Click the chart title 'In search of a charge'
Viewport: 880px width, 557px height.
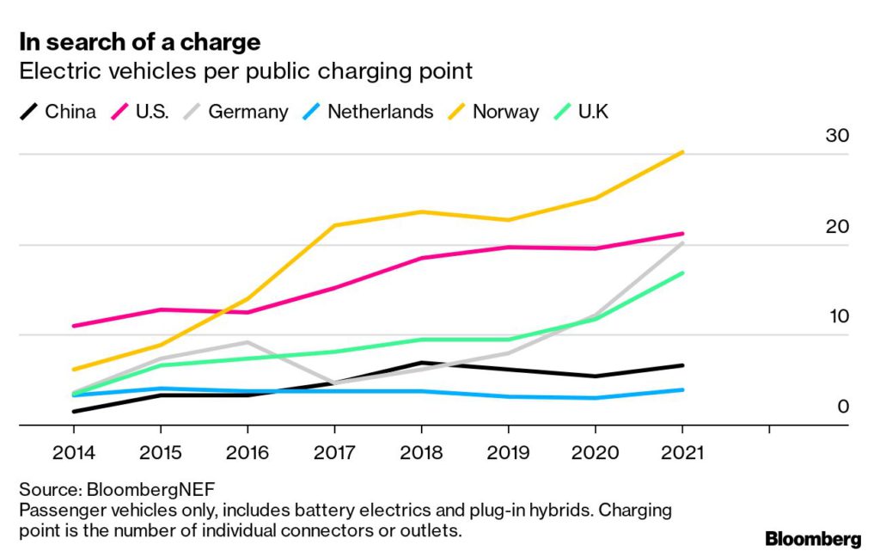point(140,41)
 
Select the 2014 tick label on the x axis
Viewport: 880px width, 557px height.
point(73,453)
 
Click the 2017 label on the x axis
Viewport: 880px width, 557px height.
point(333,453)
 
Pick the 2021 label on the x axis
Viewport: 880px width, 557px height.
point(681,453)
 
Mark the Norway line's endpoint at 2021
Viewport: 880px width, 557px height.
point(682,152)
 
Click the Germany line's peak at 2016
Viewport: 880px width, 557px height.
point(247,342)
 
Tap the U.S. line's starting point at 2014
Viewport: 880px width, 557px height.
point(73,326)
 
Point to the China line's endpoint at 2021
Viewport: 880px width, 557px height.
point(682,365)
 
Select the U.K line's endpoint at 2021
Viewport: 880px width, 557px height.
point(682,272)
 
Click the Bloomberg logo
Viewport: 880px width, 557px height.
point(812,539)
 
